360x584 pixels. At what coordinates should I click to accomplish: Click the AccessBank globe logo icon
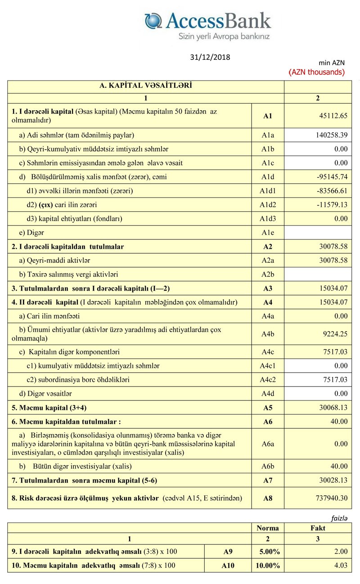tap(153, 21)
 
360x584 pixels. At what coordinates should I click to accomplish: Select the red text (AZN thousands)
tap(317, 72)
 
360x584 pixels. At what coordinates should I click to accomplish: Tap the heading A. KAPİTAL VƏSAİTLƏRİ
tap(145, 85)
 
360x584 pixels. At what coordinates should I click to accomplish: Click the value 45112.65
tap(332, 116)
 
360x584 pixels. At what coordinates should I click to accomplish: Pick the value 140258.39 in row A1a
tap(330, 135)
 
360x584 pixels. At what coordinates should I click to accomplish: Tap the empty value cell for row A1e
tap(318, 233)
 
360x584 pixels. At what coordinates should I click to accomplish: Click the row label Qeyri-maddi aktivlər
tap(57, 261)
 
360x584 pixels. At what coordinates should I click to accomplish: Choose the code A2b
tap(268, 274)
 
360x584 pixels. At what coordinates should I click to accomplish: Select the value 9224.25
tap(334, 333)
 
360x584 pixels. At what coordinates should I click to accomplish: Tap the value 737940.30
tap(331, 498)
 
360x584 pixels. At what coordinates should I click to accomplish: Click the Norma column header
tap(267, 528)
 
